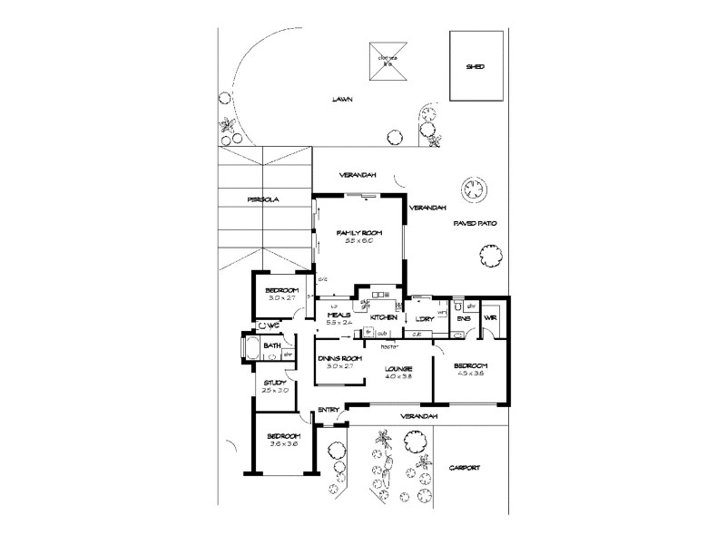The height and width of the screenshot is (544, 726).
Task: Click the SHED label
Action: coord(474,67)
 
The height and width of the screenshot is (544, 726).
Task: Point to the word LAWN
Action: coord(342,100)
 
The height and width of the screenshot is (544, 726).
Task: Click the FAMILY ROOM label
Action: coord(360,233)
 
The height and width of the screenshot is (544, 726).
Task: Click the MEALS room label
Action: coord(338,316)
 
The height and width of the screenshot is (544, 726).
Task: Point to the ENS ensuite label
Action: coord(464,318)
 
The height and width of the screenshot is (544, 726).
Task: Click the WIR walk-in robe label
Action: coord(491,318)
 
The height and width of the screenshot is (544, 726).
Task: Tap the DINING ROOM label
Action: coord(340,358)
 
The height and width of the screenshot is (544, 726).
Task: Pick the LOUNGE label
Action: coord(398,368)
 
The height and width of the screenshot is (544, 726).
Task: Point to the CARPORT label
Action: coord(464,468)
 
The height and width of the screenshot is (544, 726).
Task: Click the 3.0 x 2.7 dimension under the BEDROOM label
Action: coord(281,297)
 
